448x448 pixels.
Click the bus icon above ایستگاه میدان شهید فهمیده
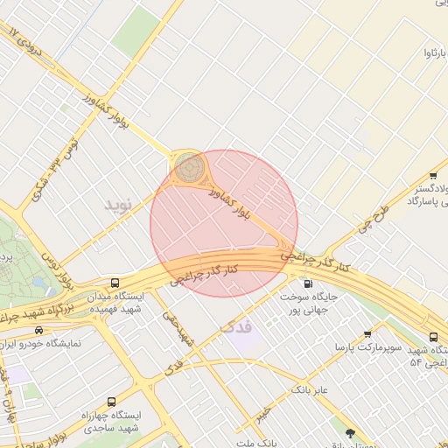tap(116, 283)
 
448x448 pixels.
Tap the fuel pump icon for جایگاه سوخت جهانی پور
tap(307, 283)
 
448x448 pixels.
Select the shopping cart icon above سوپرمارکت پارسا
tap(367, 334)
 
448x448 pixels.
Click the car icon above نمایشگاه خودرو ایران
tap(38, 330)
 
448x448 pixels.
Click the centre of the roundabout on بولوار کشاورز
tap(188, 165)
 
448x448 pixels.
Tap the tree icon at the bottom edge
tap(351, 433)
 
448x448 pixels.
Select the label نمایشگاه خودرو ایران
tap(43, 343)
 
